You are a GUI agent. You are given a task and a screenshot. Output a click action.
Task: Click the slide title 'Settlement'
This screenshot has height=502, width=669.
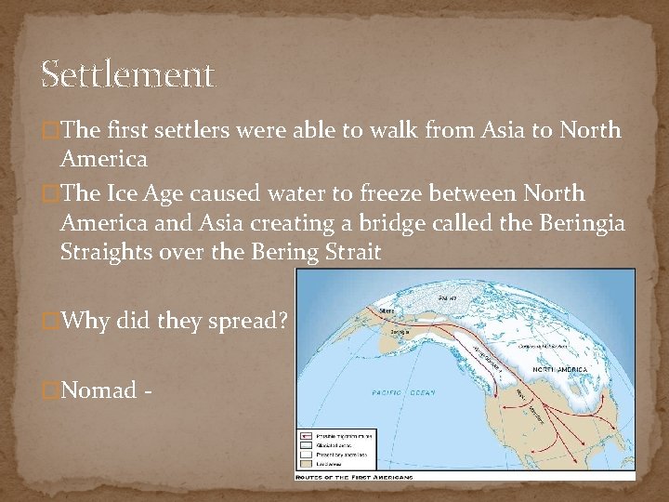click(128, 74)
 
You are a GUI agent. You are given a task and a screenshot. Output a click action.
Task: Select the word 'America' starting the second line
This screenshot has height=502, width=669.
click(100, 159)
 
